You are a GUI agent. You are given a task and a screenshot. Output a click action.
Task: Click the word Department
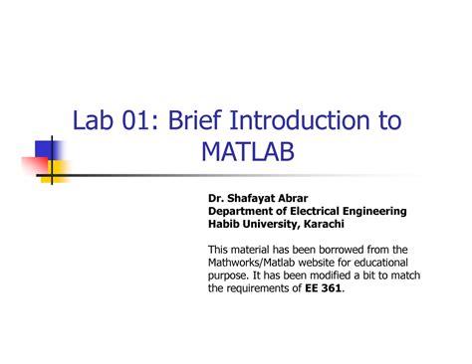tap(242, 211)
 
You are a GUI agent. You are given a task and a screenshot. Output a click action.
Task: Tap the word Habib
tap(224, 223)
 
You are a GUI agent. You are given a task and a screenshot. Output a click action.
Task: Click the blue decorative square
tap(46, 151)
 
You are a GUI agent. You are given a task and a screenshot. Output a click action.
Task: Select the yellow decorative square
tap(58, 169)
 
